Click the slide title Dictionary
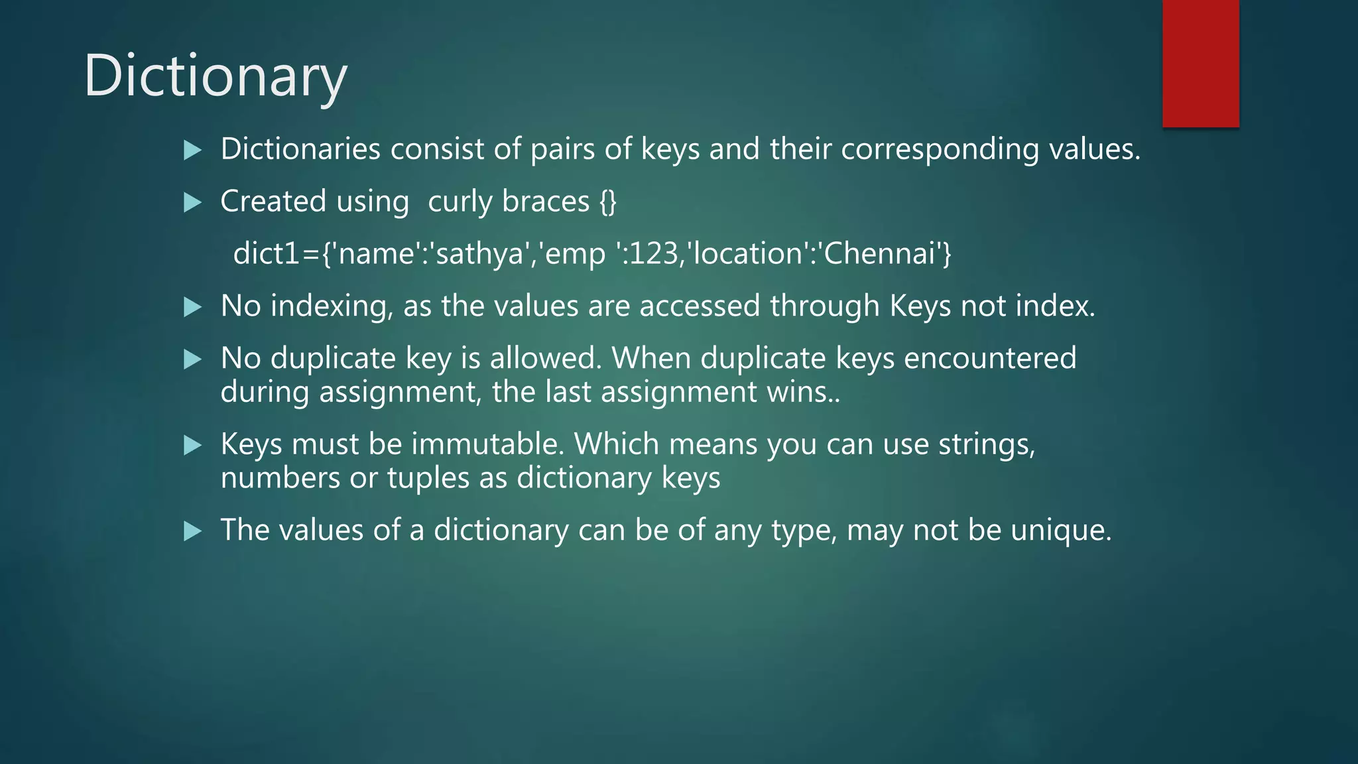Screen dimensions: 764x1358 [215, 77]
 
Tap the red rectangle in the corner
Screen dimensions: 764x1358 [1200, 63]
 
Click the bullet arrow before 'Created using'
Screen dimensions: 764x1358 [192, 202]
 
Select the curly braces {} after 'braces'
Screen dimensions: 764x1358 [608, 202]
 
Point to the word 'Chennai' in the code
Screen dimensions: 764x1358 [879, 254]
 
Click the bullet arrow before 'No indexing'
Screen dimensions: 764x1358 [192, 307]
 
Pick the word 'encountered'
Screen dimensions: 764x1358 [989, 359]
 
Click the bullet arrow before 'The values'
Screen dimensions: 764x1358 [192, 531]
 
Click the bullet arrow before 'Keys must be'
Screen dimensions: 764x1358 [192, 445]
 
